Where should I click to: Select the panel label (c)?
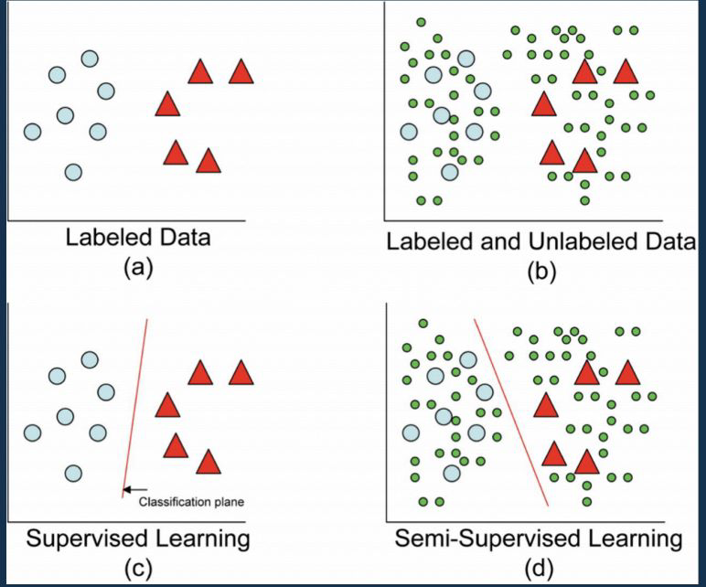coord(136,567)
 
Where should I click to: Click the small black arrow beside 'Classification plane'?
coord(130,490)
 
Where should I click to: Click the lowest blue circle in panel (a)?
coord(73,171)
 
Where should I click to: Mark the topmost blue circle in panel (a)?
coord(90,59)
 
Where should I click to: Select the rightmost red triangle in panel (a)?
coord(241,72)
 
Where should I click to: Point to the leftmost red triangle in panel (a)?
coord(166,105)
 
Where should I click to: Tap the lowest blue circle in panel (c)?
coord(73,473)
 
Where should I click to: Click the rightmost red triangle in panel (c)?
coord(241,373)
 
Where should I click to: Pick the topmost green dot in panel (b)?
coord(421,22)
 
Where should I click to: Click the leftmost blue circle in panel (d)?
coord(411,432)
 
